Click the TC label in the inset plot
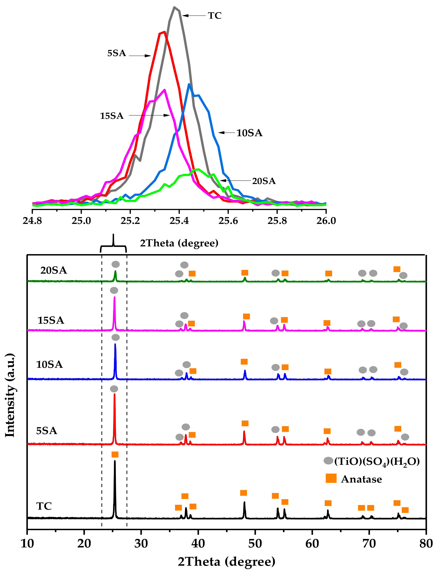tap(215, 16)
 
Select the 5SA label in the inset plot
tap(117, 53)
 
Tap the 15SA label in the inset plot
tap(112, 116)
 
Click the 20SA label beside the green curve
tap(264, 181)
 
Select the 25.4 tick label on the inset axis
tap(179, 221)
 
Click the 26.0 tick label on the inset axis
tap(326, 221)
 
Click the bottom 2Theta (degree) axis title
tap(227, 561)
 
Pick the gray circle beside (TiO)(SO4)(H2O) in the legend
tap(328, 461)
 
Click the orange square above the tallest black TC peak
tap(115, 454)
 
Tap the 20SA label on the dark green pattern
tap(54, 270)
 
